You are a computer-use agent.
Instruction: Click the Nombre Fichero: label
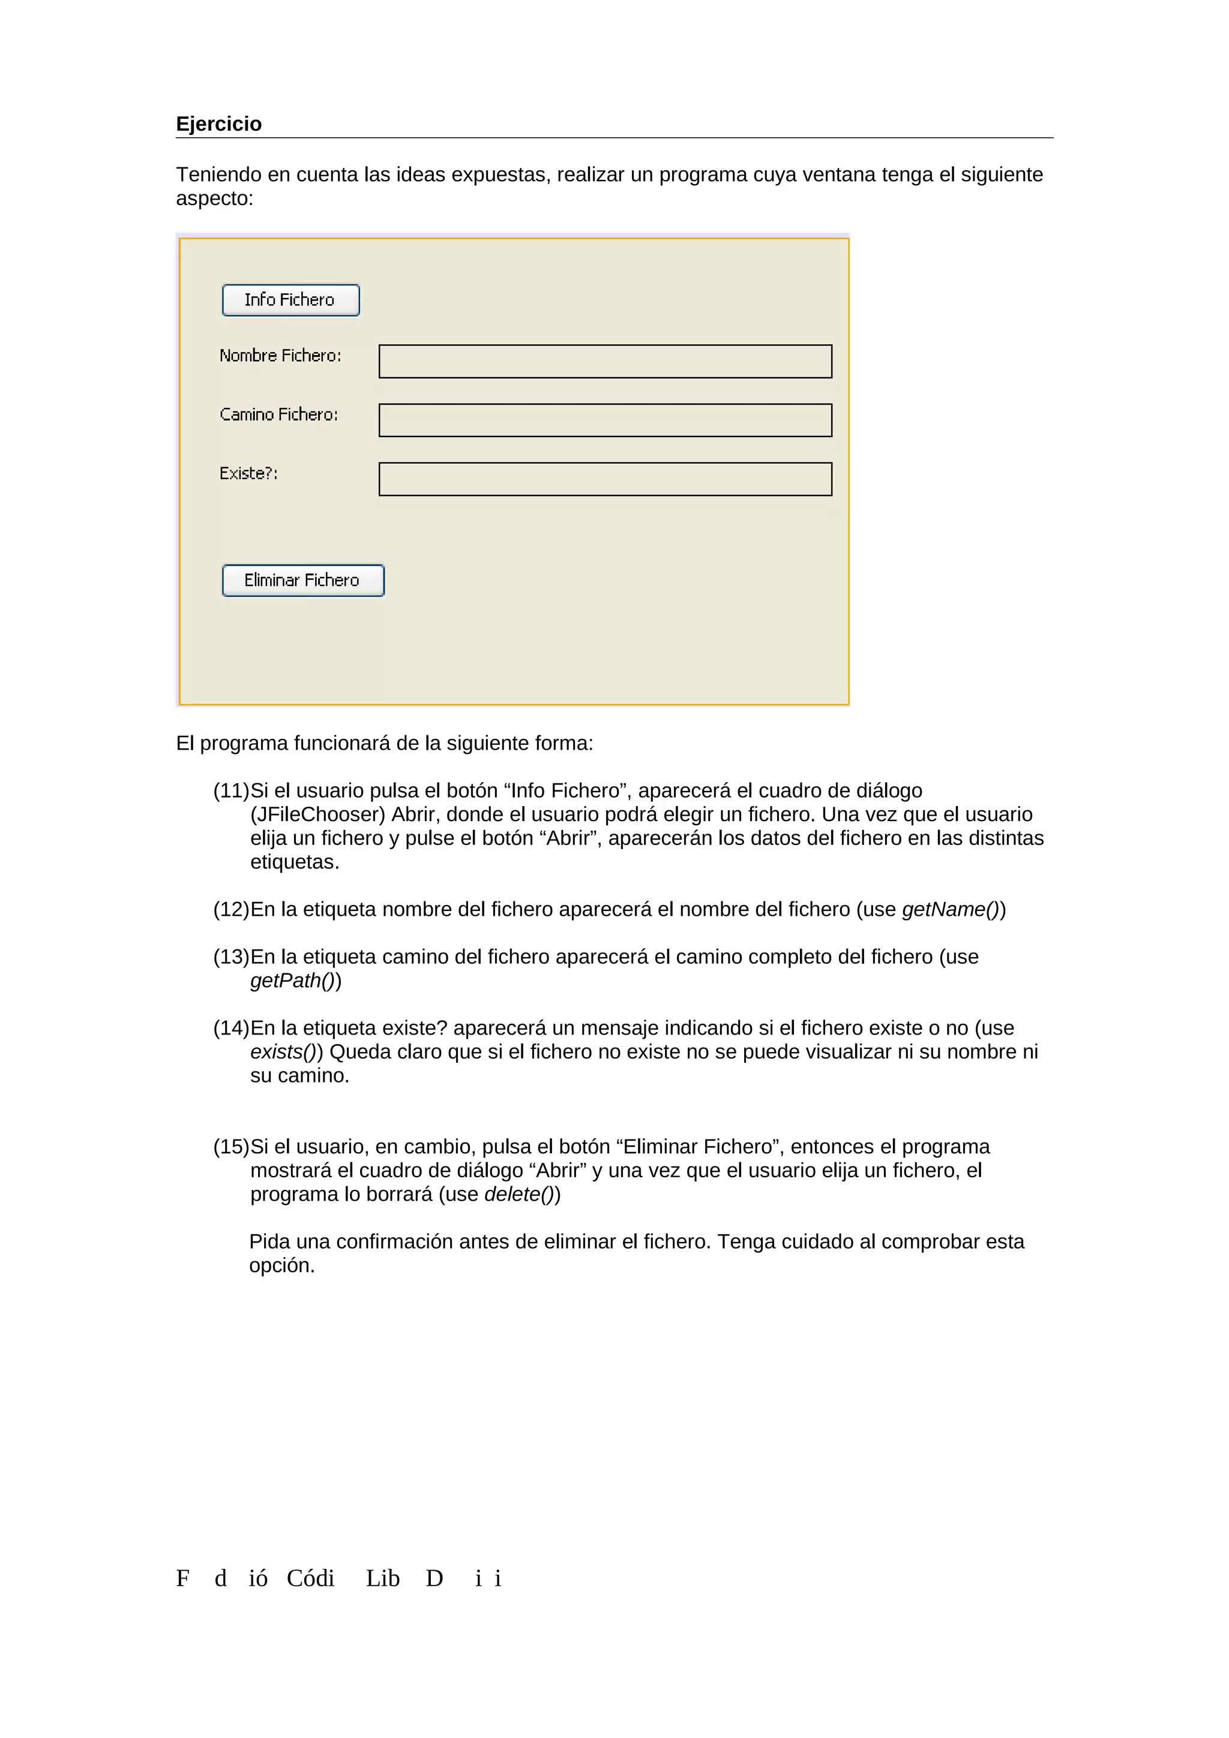tap(280, 356)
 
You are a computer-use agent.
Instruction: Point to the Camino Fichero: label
tap(278, 415)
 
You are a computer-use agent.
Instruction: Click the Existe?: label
tap(248, 474)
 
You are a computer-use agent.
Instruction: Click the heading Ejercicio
tap(219, 124)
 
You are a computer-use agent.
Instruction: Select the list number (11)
tap(231, 790)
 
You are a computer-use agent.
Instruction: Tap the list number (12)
tap(231, 909)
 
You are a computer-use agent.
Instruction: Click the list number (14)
tap(231, 1028)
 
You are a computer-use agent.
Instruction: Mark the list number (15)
tap(231, 1147)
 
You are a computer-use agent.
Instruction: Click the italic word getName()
tap(951, 909)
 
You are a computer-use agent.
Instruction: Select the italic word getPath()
tap(292, 981)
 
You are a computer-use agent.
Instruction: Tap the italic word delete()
tap(518, 1195)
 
